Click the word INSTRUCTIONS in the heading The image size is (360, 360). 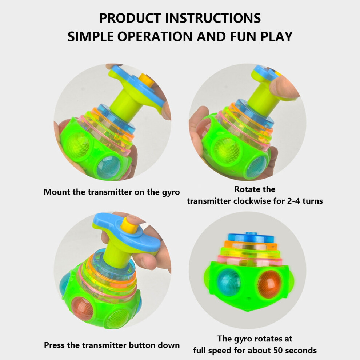coord(213,18)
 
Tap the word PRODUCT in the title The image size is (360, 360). coord(130,18)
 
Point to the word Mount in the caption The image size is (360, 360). coord(57,192)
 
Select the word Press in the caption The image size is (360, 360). coord(54,345)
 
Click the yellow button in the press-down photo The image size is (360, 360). coord(129,225)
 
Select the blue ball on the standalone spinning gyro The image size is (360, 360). coord(229,282)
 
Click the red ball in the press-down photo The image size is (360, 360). coord(82,309)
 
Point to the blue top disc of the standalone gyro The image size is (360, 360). coord(251,237)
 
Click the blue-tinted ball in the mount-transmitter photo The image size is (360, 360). coord(108,167)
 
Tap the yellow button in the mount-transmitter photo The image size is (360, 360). coord(146,80)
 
